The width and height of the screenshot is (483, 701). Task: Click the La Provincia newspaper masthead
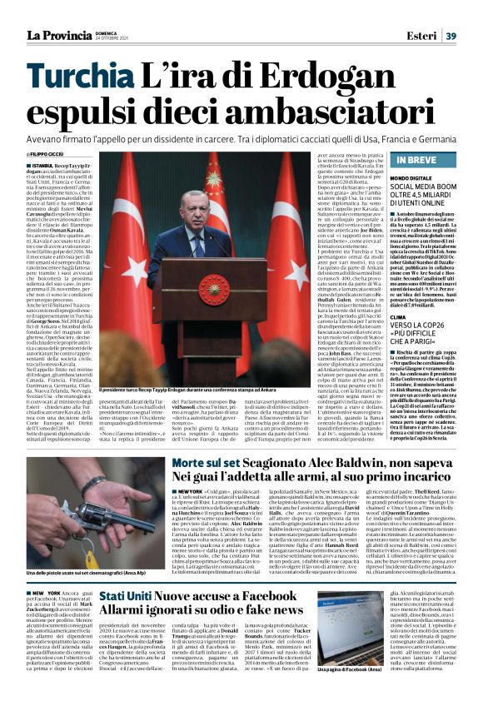pyautogui.click(x=57, y=35)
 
